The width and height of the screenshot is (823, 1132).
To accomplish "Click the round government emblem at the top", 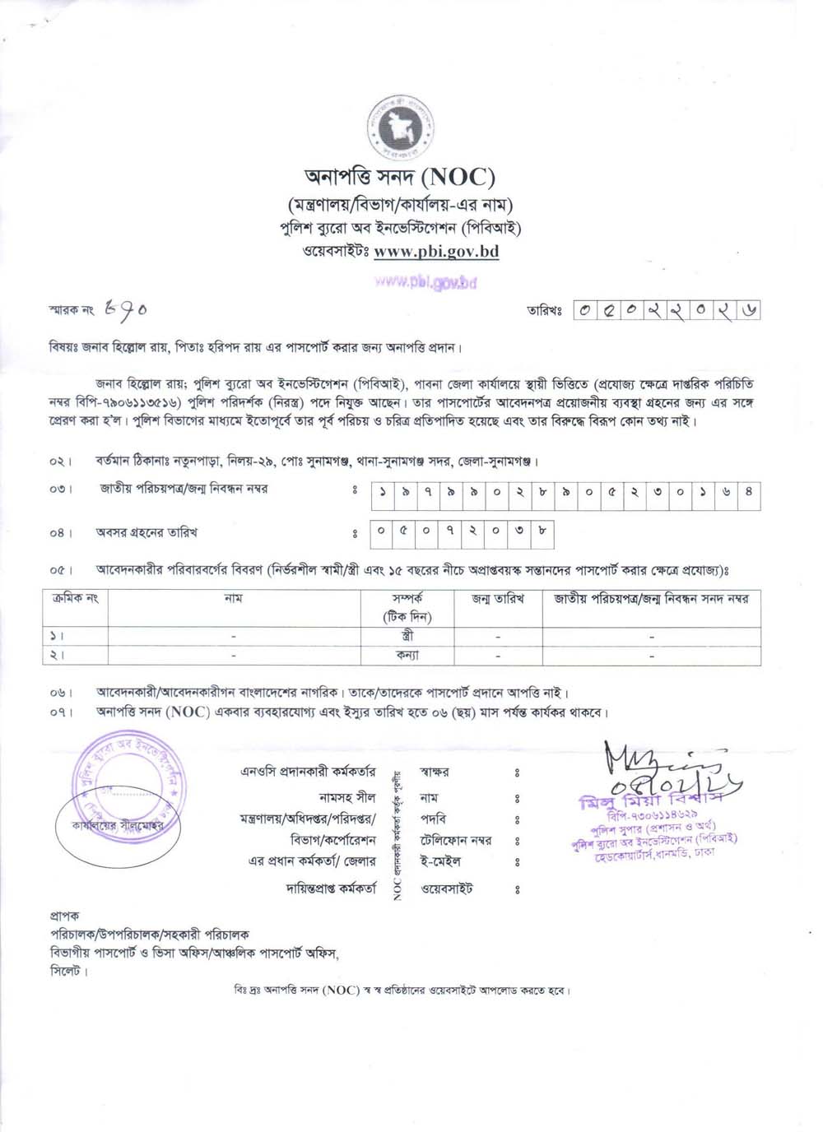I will click(401, 127).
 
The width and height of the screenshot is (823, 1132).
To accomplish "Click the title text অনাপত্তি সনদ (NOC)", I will click(400, 176).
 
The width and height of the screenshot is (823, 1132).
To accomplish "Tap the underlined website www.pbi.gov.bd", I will click(436, 252).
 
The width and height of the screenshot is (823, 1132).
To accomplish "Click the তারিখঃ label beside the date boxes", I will click(544, 311).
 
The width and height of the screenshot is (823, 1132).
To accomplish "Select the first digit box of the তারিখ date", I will click(584, 310).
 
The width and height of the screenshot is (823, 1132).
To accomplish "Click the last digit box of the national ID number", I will click(748, 495).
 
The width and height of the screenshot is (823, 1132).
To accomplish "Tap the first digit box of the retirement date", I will click(381, 532).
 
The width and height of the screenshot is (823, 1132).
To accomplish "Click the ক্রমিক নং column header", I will click(75, 599).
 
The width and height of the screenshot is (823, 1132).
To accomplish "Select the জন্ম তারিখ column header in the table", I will click(498, 599).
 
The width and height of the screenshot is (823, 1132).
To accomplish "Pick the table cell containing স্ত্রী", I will click(407, 636).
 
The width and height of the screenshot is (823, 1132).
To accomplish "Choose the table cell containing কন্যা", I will click(407, 656).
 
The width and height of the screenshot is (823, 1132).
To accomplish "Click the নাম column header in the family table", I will click(234, 599).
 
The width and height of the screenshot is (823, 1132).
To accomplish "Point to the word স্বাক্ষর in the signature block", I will click(434, 772).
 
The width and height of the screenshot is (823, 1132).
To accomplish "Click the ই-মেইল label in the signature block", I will click(440, 861).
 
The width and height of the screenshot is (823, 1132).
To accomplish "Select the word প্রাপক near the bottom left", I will click(64, 916).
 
